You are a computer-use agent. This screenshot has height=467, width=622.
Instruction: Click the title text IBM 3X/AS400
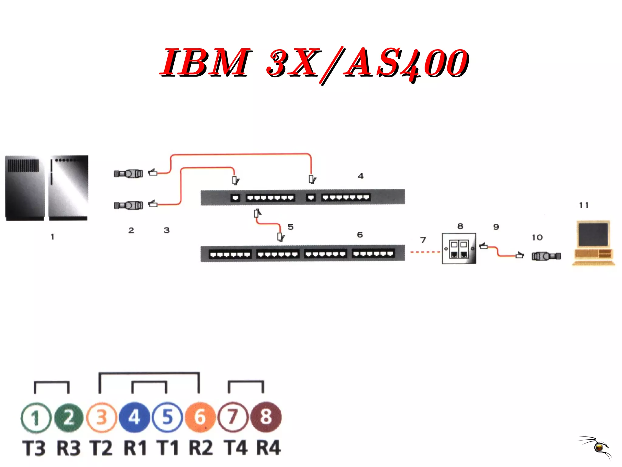coord(314,63)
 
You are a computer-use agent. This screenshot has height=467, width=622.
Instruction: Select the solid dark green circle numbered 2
coord(69,417)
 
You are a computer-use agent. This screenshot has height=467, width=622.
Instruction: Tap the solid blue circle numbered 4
coord(134,417)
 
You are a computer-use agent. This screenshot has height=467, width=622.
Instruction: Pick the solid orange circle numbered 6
coord(200,417)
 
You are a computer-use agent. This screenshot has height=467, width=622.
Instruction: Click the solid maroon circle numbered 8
coord(266,417)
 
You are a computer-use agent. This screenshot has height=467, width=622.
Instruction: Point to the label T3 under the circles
coord(34,448)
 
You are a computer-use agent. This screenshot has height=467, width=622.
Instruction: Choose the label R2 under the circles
coord(200,448)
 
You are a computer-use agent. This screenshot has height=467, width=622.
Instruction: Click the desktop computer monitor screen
coord(593,234)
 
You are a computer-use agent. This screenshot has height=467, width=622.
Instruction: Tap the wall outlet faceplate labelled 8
coord(459,249)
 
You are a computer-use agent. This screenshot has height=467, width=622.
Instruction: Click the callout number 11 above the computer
coord(583,206)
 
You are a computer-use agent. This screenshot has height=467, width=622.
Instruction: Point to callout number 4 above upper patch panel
coord(361,176)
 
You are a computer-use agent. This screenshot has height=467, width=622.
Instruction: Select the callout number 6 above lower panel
coord(360,235)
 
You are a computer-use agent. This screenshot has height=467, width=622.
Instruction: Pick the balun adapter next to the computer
coord(546,256)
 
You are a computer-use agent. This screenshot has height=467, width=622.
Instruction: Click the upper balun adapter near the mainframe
coord(128,174)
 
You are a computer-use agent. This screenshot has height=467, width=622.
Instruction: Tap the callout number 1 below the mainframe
coord(53,237)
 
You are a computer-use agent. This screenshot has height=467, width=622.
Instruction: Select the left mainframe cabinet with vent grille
coord(25,188)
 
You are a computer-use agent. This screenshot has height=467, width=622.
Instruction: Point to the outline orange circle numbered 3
coord(101,417)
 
